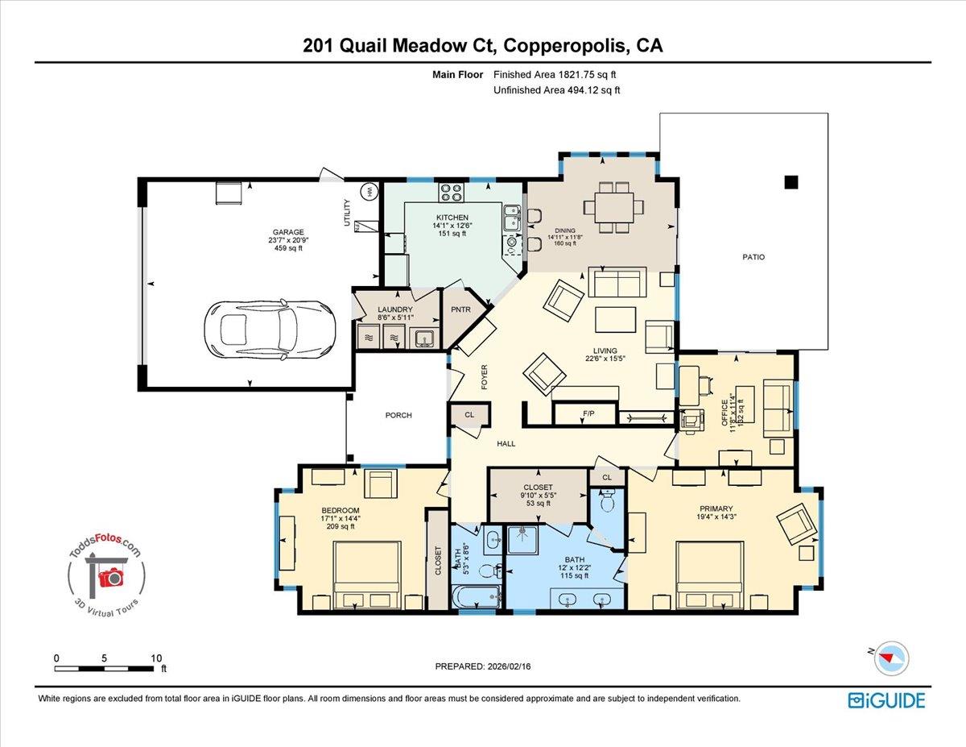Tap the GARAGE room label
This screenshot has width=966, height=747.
287,232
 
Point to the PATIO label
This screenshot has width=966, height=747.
753,258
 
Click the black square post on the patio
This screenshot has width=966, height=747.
792,181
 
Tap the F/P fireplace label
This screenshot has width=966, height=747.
588,415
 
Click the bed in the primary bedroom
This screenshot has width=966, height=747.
711,575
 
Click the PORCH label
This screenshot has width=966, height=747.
398,416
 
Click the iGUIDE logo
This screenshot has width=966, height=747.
885,700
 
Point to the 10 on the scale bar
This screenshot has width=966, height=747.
155,658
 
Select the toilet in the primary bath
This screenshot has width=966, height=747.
608,503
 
